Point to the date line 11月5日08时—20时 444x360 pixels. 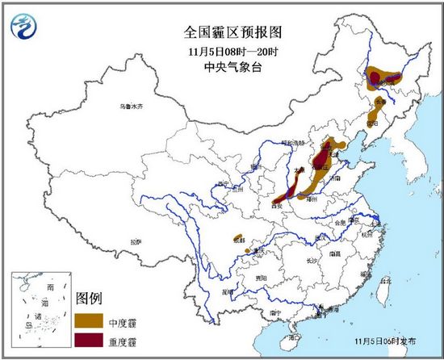(x=221, y=52)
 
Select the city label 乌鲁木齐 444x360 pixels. (x=131, y=107)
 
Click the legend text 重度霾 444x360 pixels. (x=121, y=339)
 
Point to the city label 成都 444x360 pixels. (x=238, y=240)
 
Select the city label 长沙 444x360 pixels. (x=313, y=261)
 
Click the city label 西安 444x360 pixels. (x=283, y=206)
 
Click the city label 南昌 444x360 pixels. (x=337, y=253)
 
